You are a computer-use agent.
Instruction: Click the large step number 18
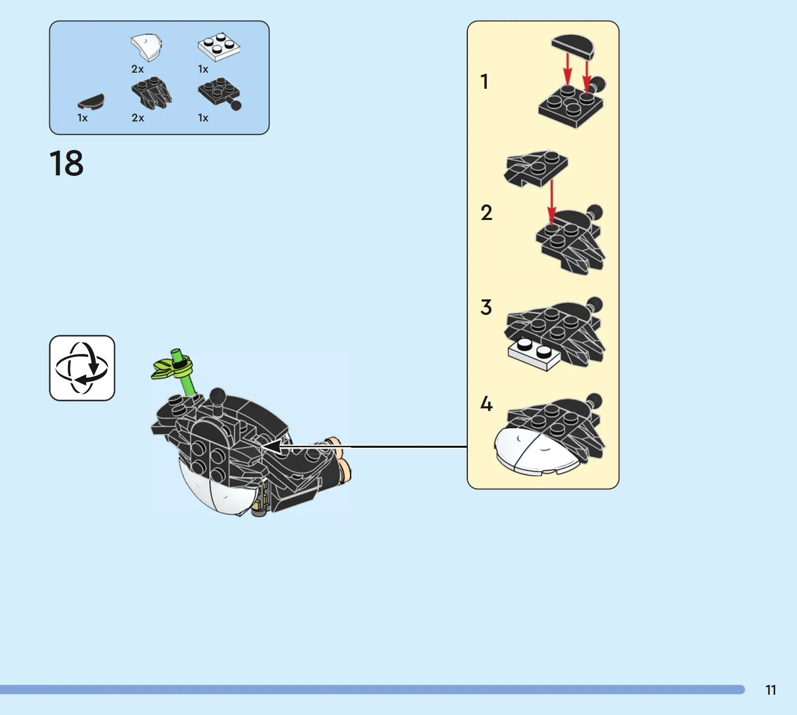(x=66, y=163)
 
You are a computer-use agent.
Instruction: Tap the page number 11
(x=771, y=690)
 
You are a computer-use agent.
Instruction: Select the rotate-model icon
(x=82, y=368)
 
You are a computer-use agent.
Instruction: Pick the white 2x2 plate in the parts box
(x=219, y=47)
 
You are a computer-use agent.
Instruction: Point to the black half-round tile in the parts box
(x=91, y=102)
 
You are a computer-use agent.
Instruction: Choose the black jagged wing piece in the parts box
(x=152, y=93)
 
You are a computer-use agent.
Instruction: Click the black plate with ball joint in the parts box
(x=220, y=94)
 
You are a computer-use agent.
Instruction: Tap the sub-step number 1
(x=484, y=81)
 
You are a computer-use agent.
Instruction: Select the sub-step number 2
(x=486, y=213)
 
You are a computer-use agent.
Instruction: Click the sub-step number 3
(x=486, y=307)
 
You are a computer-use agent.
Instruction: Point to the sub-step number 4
(x=486, y=404)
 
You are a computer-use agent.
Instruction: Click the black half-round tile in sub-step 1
(x=573, y=47)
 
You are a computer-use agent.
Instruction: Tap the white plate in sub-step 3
(x=534, y=354)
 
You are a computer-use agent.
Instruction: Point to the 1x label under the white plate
(x=203, y=69)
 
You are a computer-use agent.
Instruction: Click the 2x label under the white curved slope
(x=138, y=69)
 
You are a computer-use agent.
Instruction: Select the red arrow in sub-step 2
(x=551, y=204)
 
